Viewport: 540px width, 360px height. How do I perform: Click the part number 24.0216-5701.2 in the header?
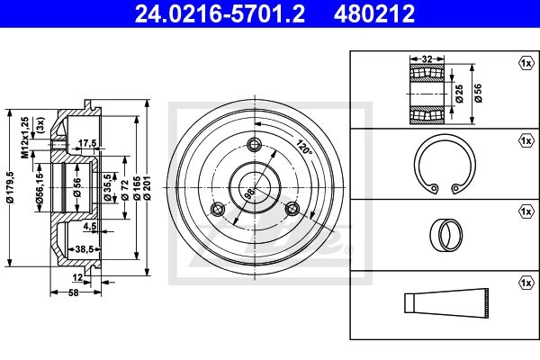[x=220, y=13]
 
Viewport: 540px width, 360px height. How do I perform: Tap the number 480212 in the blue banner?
[x=374, y=13]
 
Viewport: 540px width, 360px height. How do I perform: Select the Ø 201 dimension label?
[x=148, y=188]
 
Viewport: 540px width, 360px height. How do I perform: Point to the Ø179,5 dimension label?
[x=10, y=187]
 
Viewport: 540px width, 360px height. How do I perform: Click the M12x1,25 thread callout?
[x=25, y=138]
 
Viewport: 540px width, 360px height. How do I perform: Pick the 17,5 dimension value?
[x=87, y=143]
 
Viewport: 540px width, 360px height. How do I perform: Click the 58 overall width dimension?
[x=74, y=292]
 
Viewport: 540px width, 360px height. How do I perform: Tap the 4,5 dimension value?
[x=89, y=226]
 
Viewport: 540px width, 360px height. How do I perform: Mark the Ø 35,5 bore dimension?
[x=107, y=187]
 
